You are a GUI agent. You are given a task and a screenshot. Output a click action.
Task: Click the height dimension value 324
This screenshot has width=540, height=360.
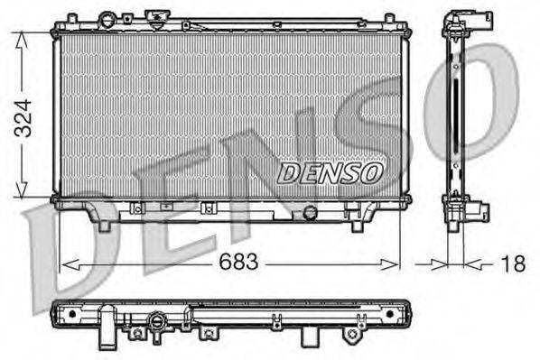point(20,116)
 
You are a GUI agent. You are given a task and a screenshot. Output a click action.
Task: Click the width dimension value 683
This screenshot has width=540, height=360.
point(237,263)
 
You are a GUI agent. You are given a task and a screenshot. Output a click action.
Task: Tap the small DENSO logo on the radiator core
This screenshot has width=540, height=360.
point(331,171)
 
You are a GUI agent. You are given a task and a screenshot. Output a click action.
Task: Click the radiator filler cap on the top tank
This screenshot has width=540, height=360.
point(154,18)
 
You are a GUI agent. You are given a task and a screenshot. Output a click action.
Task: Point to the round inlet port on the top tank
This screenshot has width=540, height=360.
point(107,18)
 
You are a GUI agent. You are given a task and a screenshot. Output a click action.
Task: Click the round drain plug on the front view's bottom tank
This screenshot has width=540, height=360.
point(311,213)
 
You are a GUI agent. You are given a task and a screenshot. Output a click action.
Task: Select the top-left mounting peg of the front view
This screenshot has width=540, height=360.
point(68,18)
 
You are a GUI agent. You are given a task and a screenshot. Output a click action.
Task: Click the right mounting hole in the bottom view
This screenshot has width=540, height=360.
point(390,314)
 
